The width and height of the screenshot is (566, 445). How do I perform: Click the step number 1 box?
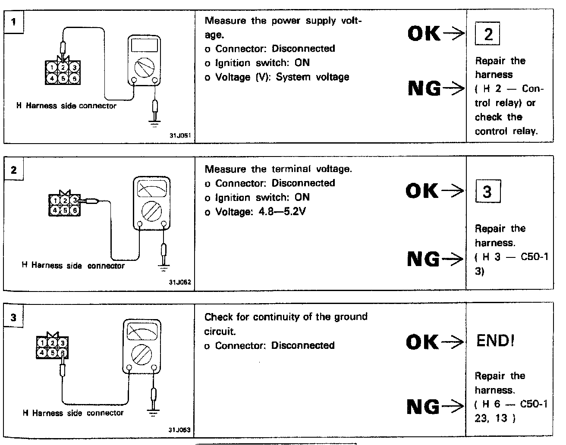point(14,21)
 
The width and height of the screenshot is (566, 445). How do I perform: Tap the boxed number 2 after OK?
point(487,34)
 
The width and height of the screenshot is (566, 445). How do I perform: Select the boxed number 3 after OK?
point(487,191)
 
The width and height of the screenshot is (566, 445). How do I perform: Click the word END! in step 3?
point(495,341)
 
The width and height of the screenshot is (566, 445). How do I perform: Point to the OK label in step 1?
point(424,33)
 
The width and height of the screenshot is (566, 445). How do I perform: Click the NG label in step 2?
point(424,259)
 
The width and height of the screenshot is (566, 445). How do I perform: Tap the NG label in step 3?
point(424,407)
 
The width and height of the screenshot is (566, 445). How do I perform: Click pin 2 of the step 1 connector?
point(63,67)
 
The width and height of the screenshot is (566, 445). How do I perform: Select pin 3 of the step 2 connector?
point(75,200)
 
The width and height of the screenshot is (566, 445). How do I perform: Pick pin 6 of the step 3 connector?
point(63,353)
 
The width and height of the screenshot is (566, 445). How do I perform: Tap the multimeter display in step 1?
point(145,45)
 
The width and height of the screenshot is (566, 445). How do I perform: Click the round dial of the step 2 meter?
point(151,211)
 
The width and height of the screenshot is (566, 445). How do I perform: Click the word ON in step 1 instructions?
point(302,63)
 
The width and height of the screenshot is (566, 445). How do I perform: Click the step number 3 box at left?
point(14,317)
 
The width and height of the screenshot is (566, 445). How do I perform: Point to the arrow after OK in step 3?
point(453,342)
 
